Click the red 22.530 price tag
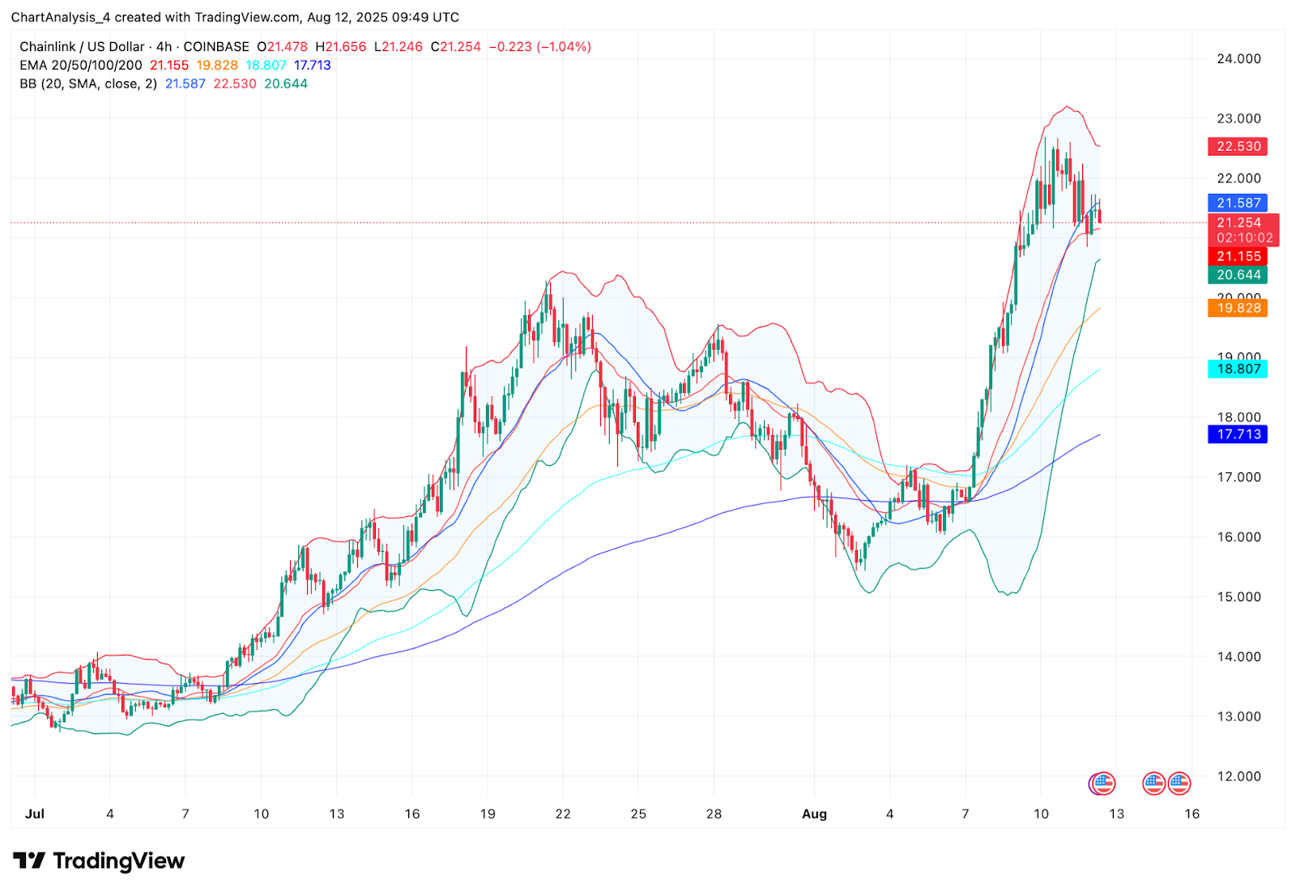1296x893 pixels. [x=1238, y=147]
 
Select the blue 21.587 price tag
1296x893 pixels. [x=1238, y=203]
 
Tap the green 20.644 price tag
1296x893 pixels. [x=1238, y=276]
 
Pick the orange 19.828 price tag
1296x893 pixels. [x=1238, y=308]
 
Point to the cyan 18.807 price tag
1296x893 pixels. [x=1238, y=370]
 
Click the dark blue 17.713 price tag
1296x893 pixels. [x=1238, y=434]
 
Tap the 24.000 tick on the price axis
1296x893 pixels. [x=1238, y=59]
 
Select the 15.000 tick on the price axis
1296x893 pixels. [x=1238, y=597]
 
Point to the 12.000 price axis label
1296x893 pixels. [x=1238, y=776]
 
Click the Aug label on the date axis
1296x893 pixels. [x=814, y=814]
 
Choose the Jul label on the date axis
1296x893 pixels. [x=35, y=814]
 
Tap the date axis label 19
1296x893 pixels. [x=488, y=814]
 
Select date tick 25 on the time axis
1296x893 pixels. [x=638, y=814]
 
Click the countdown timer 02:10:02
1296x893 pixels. [x=1244, y=238]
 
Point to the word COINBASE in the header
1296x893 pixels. [x=216, y=47]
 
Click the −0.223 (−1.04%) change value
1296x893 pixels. [x=539, y=47]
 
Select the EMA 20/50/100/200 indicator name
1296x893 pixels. [x=81, y=66]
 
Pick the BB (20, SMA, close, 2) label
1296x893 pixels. [x=88, y=84]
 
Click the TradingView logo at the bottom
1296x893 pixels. [x=99, y=861]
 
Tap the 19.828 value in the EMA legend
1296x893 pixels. [x=217, y=66]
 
